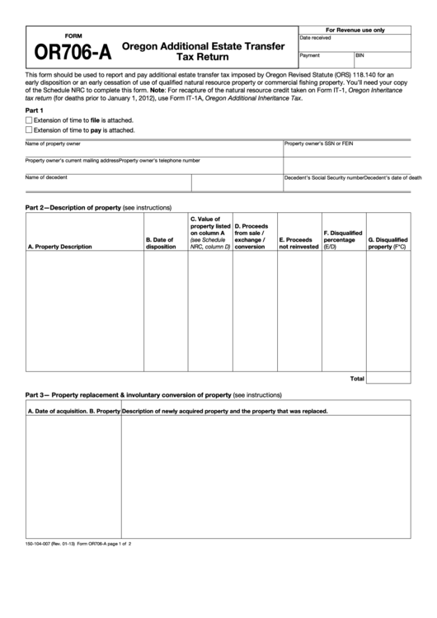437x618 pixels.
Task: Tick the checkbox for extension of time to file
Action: pos(29,120)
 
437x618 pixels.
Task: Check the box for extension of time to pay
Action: pos(29,130)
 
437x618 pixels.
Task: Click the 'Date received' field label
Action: pos(316,38)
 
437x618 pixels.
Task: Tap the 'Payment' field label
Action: pos(310,55)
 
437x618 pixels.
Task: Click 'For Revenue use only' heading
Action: pos(355,29)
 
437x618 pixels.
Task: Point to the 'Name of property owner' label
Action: pos(53,144)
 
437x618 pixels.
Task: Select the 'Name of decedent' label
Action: pos(46,177)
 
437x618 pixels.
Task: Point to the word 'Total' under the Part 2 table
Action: pos(356,379)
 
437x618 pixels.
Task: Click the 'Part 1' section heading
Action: pos(34,110)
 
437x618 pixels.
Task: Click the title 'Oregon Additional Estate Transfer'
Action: pos(203,45)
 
